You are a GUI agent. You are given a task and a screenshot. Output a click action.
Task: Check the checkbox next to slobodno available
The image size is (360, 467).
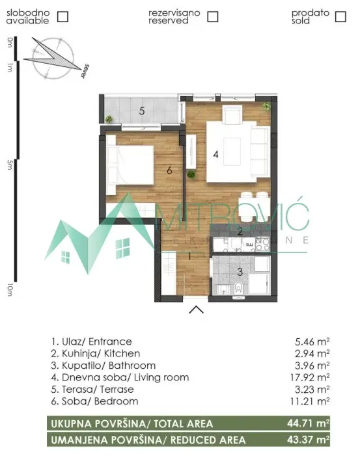click(63, 17)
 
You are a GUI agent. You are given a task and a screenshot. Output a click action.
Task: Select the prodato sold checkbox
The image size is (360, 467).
click(340, 17)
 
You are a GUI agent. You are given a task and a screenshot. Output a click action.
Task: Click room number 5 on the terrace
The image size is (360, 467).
click(142, 111)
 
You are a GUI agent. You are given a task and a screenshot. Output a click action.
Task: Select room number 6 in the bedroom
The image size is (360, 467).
click(169, 170)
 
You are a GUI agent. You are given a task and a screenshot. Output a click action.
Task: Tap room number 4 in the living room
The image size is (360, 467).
click(215, 155)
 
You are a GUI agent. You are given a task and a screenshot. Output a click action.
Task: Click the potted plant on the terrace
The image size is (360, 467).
click(110, 119)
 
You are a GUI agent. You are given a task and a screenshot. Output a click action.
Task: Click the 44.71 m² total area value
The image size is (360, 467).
click(310, 423)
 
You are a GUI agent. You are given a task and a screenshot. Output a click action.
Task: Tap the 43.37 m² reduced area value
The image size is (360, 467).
click(310, 440)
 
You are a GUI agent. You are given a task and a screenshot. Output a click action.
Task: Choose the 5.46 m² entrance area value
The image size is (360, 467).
click(314, 341)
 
